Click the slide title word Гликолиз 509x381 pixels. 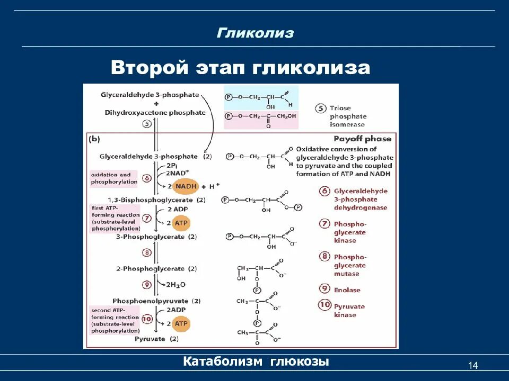(255, 33)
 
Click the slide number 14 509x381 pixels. (473, 366)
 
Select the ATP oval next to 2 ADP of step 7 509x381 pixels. (181, 223)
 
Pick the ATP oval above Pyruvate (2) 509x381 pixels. (181, 324)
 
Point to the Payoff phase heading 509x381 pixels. (362, 139)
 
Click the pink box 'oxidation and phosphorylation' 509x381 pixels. (114, 178)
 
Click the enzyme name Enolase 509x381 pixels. (347, 290)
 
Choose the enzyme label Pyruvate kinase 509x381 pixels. (349, 311)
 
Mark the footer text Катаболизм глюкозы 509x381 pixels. (256, 362)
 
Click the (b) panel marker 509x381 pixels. (95, 140)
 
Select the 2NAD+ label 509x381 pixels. (176, 174)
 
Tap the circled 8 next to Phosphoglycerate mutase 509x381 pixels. (324, 257)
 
